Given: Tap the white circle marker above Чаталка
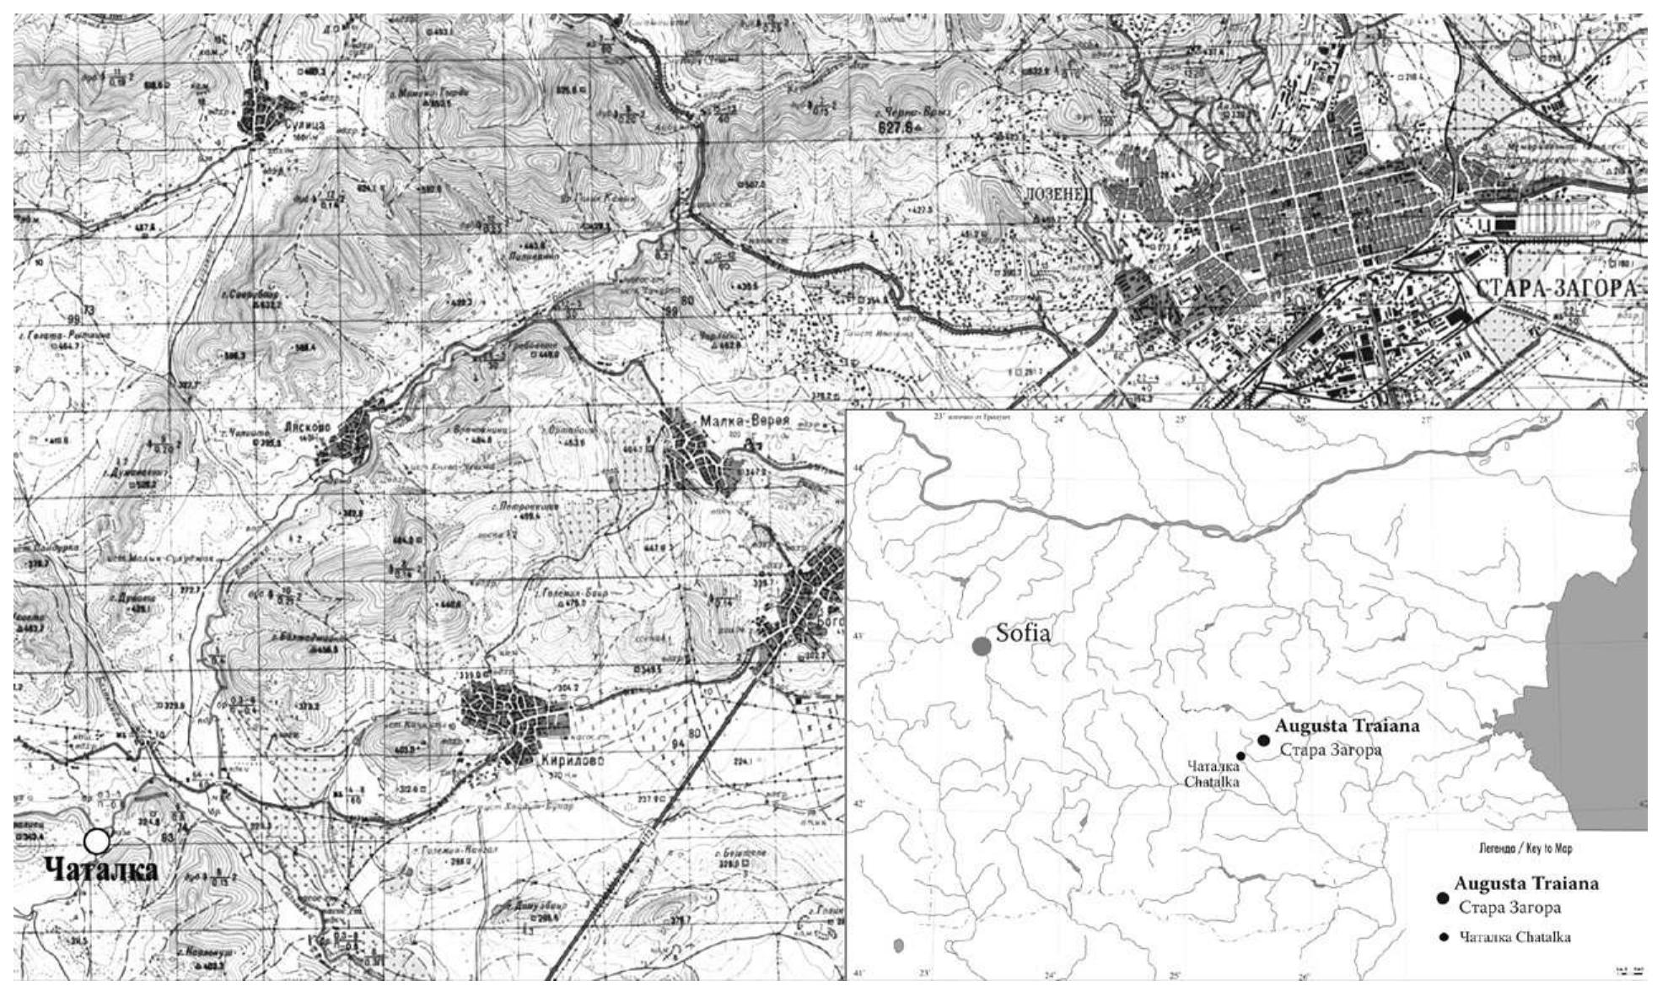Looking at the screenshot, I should [97, 841].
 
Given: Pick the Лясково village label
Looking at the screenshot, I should [333, 428].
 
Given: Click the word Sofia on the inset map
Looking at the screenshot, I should [1023, 633].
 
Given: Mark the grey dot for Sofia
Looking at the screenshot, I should [981, 646].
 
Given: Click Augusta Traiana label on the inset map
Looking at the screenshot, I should [1347, 725].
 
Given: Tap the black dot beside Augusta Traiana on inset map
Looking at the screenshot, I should [1263, 740].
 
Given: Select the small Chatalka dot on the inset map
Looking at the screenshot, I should [1240, 756].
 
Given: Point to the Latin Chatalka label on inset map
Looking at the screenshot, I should [1212, 782].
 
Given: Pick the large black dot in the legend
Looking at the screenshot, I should [1442, 898].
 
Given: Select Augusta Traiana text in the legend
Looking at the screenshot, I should [1525, 884].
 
